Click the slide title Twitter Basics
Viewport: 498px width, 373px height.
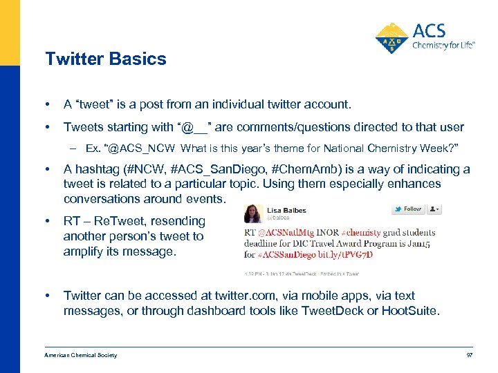106,59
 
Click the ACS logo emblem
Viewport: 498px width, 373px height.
391,38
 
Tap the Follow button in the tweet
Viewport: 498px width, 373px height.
408,209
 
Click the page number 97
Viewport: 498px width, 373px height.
468,355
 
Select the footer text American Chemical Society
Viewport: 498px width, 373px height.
81,355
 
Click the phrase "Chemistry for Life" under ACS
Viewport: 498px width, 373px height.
443,46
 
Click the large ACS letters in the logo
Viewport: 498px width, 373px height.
429,30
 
